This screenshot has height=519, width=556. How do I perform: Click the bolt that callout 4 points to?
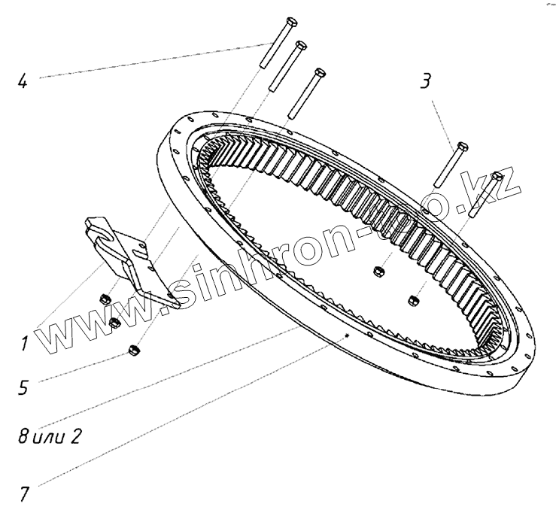[x=272, y=44]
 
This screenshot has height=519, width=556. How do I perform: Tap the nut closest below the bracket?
[x=105, y=300]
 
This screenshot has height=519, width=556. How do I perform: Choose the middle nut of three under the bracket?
[x=115, y=322]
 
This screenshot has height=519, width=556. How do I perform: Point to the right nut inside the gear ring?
[x=412, y=301]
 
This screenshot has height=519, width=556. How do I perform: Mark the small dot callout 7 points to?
[x=345, y=335]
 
